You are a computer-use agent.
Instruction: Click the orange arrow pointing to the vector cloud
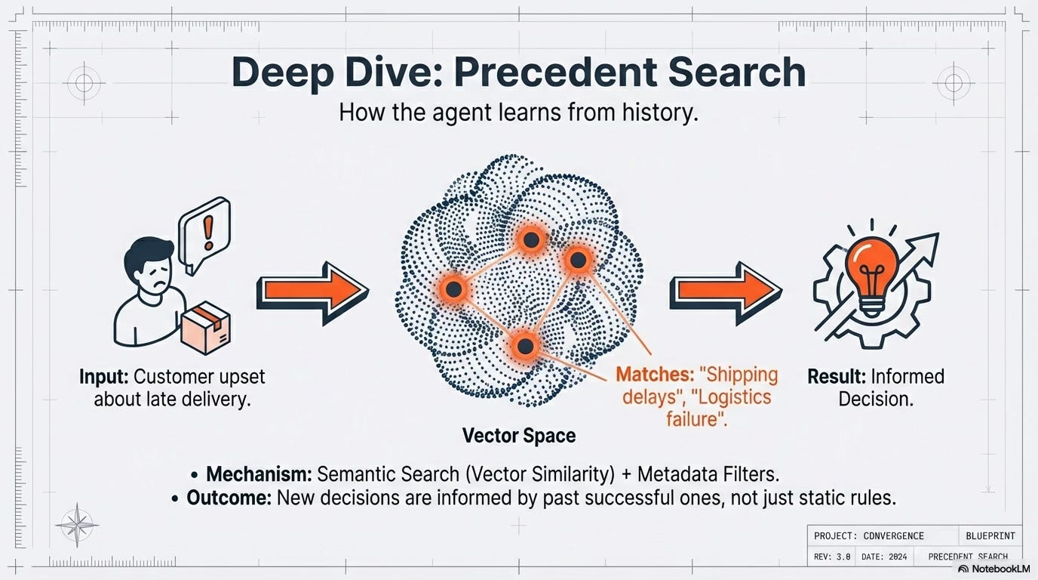(311, 291)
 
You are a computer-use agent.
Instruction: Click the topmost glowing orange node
(530, 239)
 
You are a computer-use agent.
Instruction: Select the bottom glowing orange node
(525, 347)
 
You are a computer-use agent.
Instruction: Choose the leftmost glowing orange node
(453, 288)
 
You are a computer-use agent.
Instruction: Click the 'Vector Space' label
(519, 436)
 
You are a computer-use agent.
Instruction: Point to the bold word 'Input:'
(106, 376)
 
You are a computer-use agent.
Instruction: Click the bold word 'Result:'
(836, 376)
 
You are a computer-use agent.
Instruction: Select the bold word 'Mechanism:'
(259, 474)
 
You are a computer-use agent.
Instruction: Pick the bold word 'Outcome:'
(229, 498)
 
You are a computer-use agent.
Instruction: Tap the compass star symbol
(76, 523)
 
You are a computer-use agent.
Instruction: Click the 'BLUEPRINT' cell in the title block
(990, 535)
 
